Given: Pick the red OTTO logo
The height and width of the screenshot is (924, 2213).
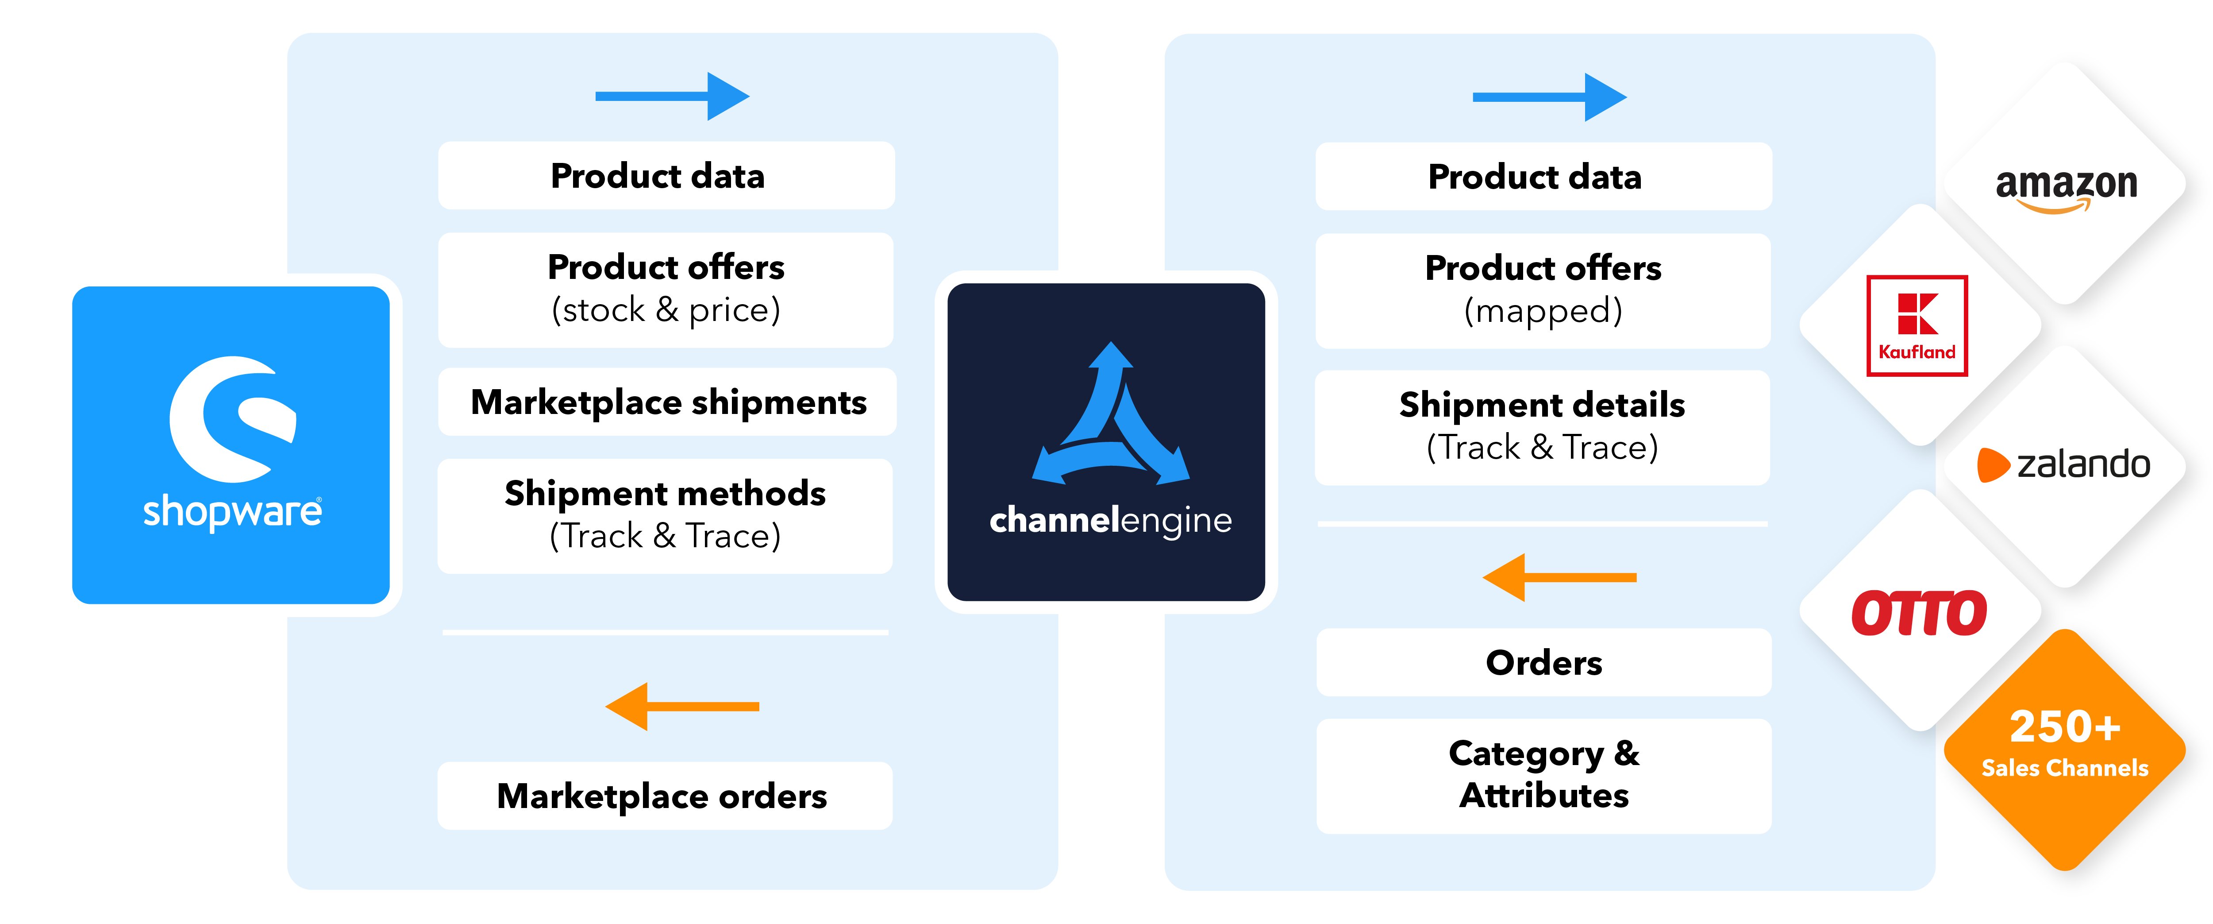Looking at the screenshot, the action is [x=1918, y=613].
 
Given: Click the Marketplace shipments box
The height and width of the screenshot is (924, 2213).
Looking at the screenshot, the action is [x=667, y=402].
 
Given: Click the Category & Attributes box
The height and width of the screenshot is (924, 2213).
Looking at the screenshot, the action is [x=1544, y=775].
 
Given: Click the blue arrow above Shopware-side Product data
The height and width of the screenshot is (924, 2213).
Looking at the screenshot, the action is [x=673, y=96].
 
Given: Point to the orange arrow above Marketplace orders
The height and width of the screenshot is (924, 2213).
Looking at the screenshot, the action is [x=682, y=707].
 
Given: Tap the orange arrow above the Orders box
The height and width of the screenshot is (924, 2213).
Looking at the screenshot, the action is [x=1559, y=578].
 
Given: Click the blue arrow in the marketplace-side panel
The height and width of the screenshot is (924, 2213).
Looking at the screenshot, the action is [x=1550, y=97].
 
